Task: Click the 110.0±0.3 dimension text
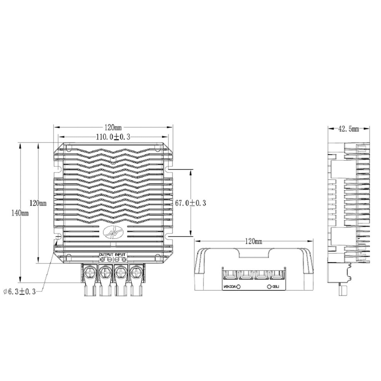coord(113,137)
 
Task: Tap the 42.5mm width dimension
coord(348,129)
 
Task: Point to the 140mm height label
coord(20,213)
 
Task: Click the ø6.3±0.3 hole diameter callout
coord(19,292)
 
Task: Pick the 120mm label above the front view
coord(113,127)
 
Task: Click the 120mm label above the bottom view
coord(253,241)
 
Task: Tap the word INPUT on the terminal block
coord(120,255)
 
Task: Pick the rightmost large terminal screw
coord(136,273)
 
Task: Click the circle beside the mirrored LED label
coord(269,287)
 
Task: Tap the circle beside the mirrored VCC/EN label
coord(238,287)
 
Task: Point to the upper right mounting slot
coord(168,169)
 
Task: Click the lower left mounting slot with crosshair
coord(58,237)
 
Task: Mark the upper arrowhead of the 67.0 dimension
coord(190,172)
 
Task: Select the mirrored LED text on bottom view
coord(276,287)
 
